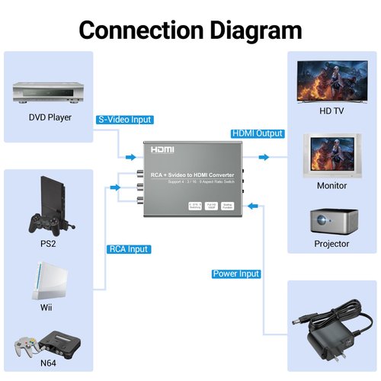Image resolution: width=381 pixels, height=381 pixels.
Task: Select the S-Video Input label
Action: coord(125,120)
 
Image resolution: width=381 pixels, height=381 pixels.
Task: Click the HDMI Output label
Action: coord(256,133)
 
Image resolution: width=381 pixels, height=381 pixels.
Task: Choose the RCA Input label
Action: coord(128,249)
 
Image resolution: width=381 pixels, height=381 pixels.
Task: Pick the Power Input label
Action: coord(236,274)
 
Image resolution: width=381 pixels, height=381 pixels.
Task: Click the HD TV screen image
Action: coord(331,82)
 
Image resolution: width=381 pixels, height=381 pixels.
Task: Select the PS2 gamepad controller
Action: coord(46,223)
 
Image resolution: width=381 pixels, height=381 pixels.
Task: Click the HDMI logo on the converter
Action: coord(162,151)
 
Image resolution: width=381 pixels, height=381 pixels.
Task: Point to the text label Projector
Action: coord(331,244)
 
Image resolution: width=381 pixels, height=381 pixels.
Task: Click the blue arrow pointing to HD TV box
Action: coord(264,158)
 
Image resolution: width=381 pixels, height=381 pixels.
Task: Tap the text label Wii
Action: coord(47,307)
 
